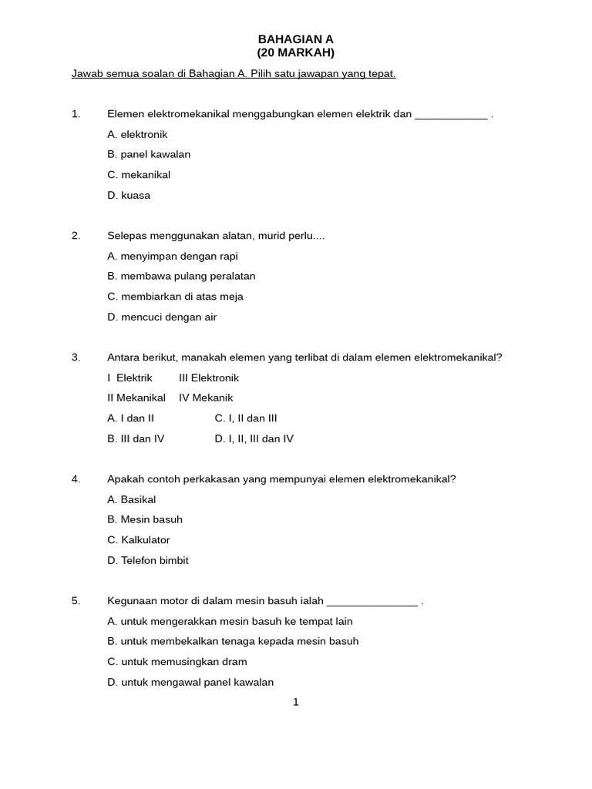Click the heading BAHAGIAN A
(295, 39)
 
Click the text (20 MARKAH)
(295, 52)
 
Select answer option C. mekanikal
(139, 175)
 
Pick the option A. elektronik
(137, 134)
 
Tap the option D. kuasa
(129, 195)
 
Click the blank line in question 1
(451, 116)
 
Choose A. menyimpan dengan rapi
(173, 256)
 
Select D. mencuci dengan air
(162, 317)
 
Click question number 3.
(76, 358)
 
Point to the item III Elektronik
(209, 378)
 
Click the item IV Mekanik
(206, 398)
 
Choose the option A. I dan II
(131, 418)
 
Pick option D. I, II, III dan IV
(254, 438)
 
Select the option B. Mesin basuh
(145, 519)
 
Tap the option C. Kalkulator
(139, 540)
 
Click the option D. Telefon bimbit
(148, 560)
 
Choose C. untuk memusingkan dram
(177, 662)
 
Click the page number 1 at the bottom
(296, 702)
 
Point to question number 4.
(76, 479)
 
